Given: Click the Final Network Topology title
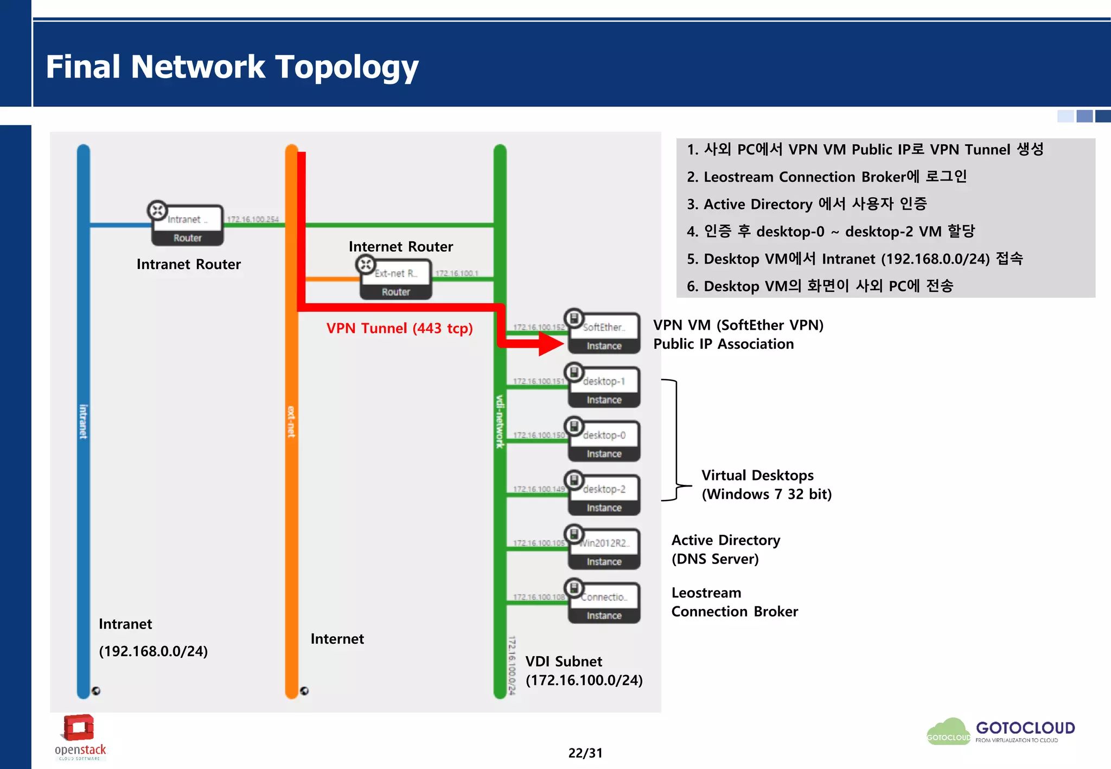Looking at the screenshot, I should coord(232,67).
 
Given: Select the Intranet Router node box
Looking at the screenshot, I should coord(187,226).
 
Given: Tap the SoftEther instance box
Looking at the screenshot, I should coord(604,334).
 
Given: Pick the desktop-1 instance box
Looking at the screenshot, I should coord(604,388).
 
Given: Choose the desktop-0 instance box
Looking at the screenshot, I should coord(604,442).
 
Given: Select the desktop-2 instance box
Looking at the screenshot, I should coord(604,496).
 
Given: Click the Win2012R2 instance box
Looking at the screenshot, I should coord(604,550).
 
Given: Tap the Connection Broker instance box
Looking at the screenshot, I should coord(604,604).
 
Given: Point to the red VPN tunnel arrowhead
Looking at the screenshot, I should coord(550,343).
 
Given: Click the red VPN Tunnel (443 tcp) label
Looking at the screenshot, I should coord(399,329).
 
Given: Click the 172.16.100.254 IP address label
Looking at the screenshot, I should coord(253,219).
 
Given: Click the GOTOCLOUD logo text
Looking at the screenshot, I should coord(1025,728).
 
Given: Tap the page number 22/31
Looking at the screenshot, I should coord(585,753).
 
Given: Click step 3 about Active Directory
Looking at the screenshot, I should coord(807,204).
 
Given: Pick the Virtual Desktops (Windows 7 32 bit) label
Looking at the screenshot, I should coord(766,484).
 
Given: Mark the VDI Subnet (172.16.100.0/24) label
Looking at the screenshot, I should coord(584,670).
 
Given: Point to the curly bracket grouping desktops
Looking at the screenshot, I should coord(676,439).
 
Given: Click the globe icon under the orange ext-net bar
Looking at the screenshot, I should coord(304,690).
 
